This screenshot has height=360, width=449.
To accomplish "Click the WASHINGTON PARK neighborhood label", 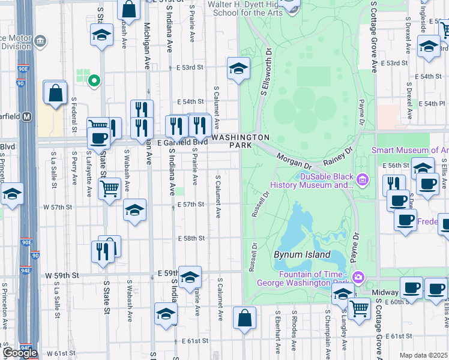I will click(x=241, y=142).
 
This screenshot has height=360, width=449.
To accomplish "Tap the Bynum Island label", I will click(x=302, y=254).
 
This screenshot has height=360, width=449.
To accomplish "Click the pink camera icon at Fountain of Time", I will click(x=358, y=277).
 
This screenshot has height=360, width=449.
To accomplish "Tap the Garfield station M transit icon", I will click(x=26, y=118).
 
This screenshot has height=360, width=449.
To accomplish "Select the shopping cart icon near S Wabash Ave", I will click(x=109, y=188).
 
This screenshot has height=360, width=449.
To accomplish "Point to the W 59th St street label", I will click(x=62, y=275).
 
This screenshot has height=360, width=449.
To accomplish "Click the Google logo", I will click(x=19, y=353).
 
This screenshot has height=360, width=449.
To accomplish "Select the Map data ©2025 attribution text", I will click(x=423, y=355).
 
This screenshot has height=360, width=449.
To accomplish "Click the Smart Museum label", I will click(x=410, y=150).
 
